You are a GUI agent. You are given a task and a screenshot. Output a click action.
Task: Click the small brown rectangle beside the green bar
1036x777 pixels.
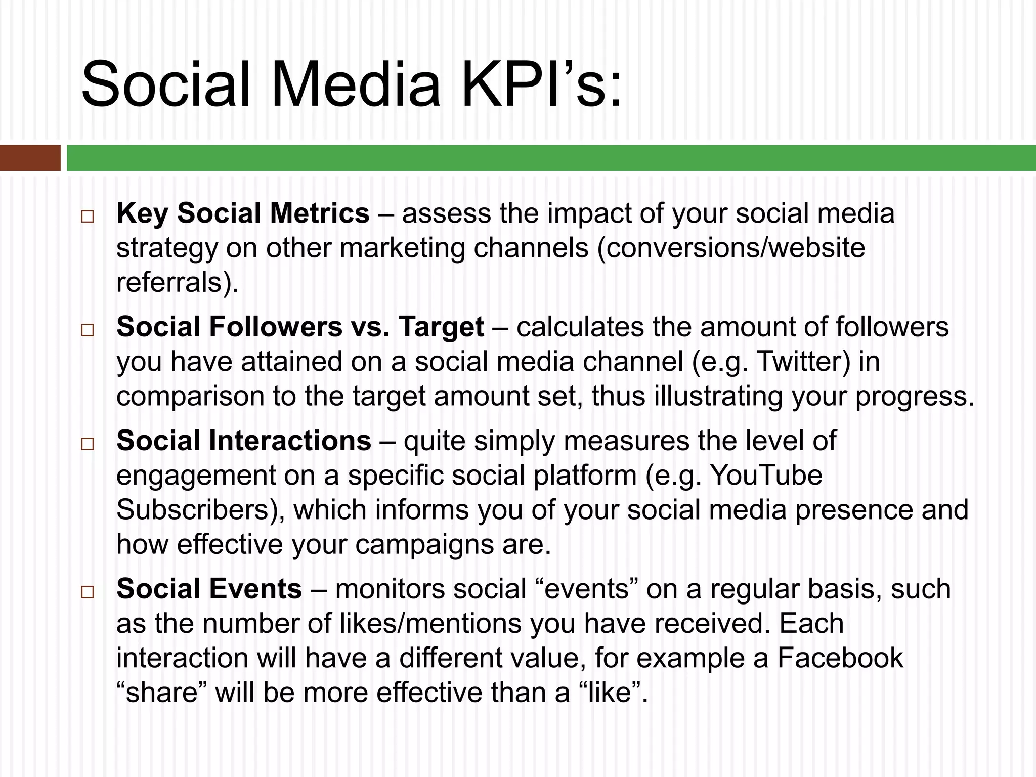[30, 158]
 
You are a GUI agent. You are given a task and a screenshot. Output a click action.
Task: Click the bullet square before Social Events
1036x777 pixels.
[88, 592]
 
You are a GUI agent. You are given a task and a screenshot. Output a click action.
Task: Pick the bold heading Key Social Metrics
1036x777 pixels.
[243, 213]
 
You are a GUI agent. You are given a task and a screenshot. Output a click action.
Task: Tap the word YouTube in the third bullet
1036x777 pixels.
[766, 475]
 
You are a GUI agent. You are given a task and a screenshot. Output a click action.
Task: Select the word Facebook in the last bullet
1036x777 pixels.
[840, 657]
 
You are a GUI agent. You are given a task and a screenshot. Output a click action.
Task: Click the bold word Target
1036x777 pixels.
[441, 327]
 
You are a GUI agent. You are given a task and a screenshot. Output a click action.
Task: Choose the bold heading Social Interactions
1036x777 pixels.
[244, 441]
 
